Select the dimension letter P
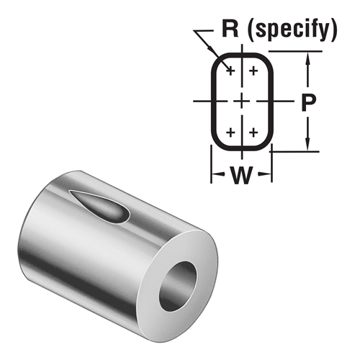(308, 102)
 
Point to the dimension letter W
(240, 176)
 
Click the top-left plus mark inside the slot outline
(230, 71)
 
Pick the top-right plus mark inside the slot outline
(253, 71)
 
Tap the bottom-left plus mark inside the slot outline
(230, 133)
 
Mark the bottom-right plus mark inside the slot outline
(253, 133)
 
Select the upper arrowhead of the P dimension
(308, 59)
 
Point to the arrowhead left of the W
(215, 176)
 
